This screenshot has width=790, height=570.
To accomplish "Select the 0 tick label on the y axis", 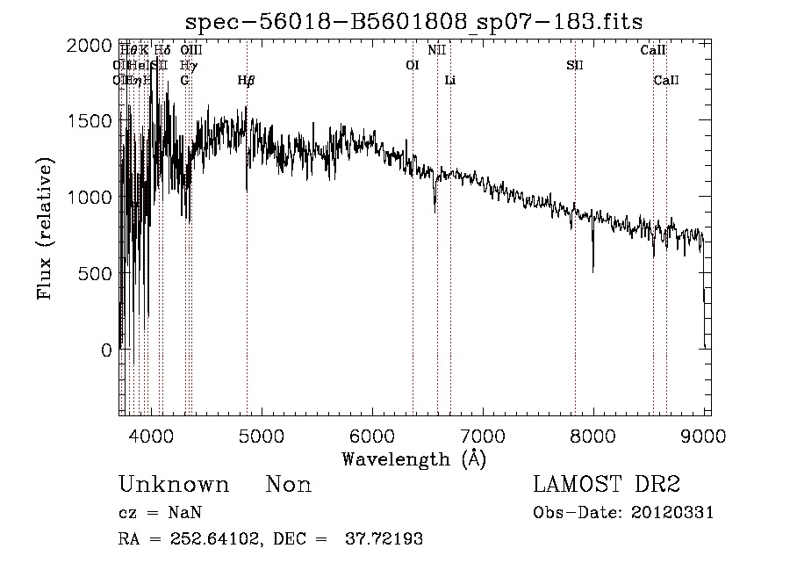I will (105, 350).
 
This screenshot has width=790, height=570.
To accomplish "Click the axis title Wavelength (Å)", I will (413, 458).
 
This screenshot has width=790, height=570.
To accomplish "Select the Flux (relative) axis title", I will (45, 228).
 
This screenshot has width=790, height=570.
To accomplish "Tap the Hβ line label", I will (247, 81).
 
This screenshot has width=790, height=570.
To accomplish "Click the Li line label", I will (450, 81).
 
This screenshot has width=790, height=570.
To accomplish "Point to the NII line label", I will (437, 50).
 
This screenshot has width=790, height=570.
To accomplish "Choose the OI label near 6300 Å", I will (413, 65).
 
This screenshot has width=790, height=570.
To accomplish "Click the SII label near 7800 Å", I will (575, 65).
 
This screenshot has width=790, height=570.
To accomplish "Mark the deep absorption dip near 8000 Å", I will (592, 268).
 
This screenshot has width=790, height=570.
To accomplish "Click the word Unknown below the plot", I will (174, 485).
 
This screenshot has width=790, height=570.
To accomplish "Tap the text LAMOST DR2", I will (607, 485).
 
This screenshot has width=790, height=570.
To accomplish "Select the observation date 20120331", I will (673, 513).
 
